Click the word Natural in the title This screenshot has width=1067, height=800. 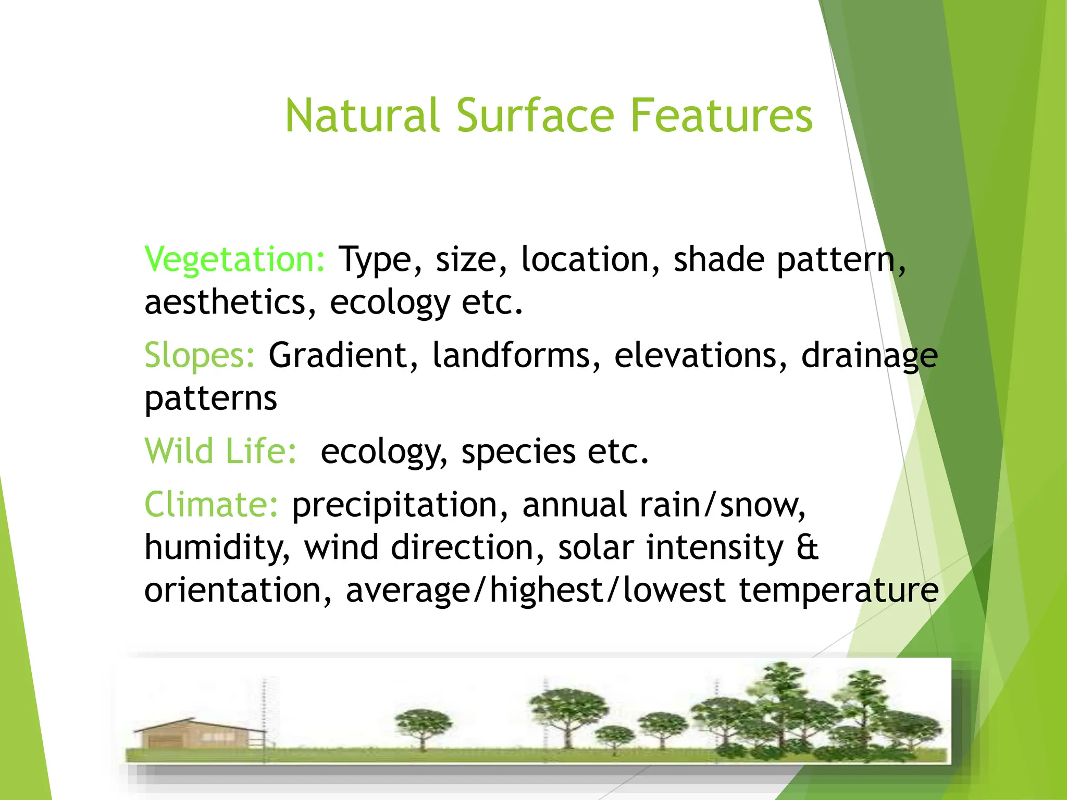click(x=362, y=116)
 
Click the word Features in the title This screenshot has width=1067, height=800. click(x=721, y=116)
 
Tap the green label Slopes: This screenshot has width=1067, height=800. click(x=200, y=356)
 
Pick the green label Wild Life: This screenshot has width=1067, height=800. click(x=220, y=451)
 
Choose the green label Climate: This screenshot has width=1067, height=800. click(x=212, y=505)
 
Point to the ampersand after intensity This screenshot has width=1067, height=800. click(x=808, y=548)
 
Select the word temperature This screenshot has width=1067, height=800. click(x=839, y=591)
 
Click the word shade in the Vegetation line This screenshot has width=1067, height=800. click(x=718, y=260)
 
